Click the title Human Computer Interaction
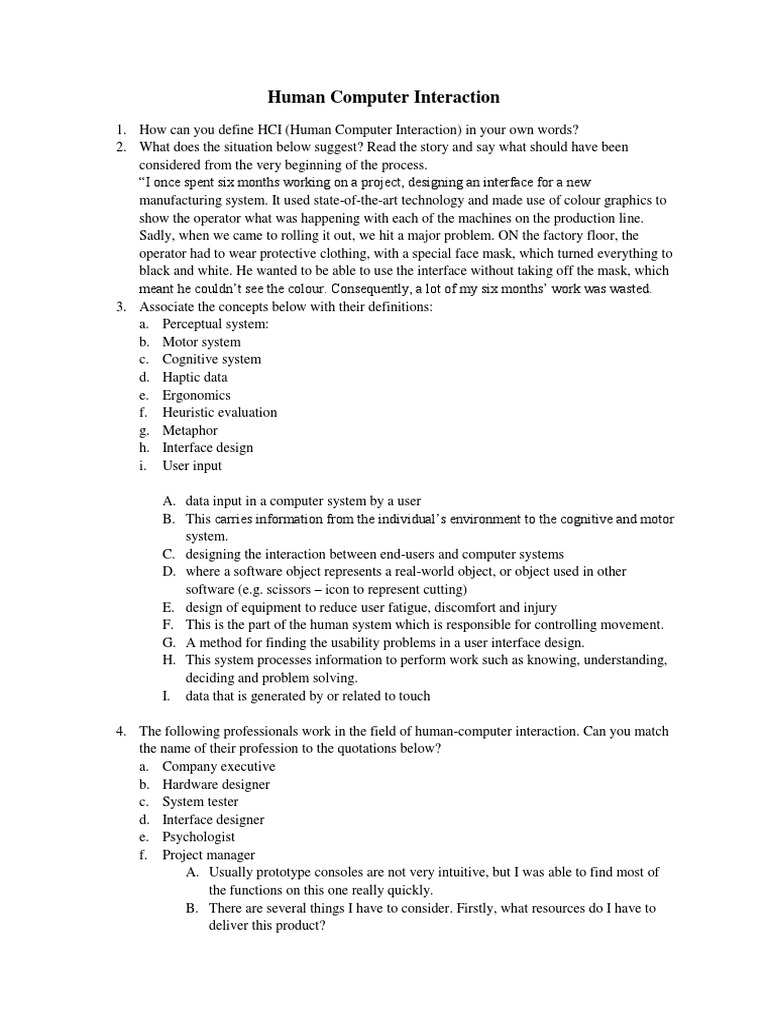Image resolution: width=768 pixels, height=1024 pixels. pyautogui.click(x=383, y=97)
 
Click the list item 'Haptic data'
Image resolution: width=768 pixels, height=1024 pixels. pyautogui.click(x=195, y=377)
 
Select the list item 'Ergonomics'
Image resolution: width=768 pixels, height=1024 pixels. pyautogui.click(x=196, y=395)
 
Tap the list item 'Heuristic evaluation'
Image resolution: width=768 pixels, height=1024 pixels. pyautogui.click(x=219, y=412)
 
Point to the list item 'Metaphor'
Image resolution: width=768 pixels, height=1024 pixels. pyautogui.click(x=190, y=430)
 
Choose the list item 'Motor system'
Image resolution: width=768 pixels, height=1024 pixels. pyautogui.click(x=201, y=342)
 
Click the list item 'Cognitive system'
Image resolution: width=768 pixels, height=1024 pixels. pyautogui.click(x=212, y=359)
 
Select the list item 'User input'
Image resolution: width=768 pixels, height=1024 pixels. pyautogui.click(x=192, y=465)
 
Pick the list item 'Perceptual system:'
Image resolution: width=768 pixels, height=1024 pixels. pyautogui.click(x=216, y=324)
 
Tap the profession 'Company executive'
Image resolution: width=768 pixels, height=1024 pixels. pyautogui.click(x=218, y=766)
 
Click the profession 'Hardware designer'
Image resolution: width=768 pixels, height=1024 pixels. pyautogui.click(x=216, y=784)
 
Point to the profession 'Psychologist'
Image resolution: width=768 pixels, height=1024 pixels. pyautogui.click(x=199, y=837)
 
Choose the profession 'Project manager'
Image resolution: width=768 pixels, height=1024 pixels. pyautogui.click(x=208, y=855)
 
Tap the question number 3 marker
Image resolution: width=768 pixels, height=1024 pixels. pyautogui.click(x=120, y=306)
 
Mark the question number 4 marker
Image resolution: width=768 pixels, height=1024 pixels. pyautogui.click(x=120, y=731)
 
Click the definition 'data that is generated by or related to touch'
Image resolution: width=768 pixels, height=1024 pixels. pyautogui.click(x=308, y=696)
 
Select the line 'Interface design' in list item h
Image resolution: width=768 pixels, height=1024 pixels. pyautogui.click(x=208, y=447)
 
